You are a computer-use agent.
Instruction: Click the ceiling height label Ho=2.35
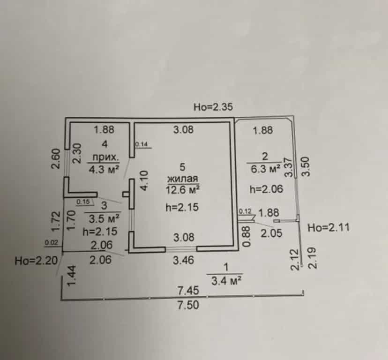213,107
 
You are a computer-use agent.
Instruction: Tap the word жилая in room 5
183,179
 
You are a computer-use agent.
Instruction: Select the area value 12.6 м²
183,190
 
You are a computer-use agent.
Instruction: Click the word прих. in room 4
105,157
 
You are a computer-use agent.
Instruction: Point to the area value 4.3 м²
104,170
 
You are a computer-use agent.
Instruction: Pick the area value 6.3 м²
266,169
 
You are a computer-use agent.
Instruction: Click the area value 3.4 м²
226,281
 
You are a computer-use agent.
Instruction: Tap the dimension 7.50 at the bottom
188,305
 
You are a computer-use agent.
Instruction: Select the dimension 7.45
188,291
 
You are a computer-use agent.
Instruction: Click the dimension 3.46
183,260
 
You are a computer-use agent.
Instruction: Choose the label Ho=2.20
36,261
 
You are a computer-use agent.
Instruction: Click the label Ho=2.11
328,227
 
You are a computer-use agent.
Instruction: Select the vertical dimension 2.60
56,158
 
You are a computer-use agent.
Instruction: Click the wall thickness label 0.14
142,144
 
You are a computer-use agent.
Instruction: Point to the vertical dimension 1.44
72,276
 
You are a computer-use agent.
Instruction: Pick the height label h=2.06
266,189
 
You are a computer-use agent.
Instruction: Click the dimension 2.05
271,233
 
